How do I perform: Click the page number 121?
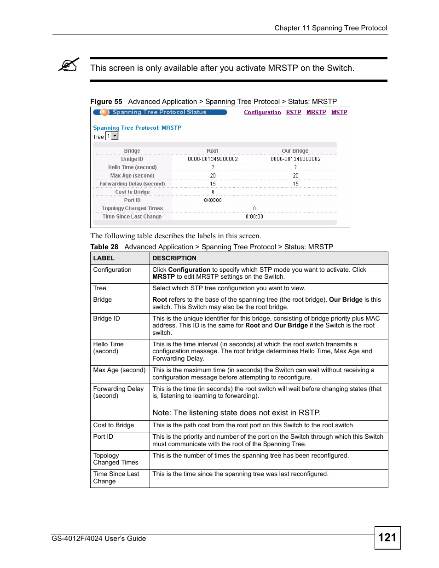pos(387,538)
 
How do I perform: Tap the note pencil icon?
pos(69,65)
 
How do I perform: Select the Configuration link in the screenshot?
pos(262,112)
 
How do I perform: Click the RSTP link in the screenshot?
pos(294,112)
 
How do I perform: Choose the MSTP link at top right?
pos(339,112)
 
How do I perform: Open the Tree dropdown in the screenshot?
pos(115,136)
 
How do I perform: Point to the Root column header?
pos(212,151)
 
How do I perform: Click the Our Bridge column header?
pos(295,151)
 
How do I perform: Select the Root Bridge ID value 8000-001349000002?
pos(213,159)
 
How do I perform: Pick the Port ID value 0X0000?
pos(213,200)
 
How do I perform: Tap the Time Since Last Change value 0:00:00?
pos(254,217)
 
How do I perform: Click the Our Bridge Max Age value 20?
pos(295,176)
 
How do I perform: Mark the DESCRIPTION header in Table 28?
pos(174,258)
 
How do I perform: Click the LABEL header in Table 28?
pos(104,258)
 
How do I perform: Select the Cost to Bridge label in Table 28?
pos(114,425)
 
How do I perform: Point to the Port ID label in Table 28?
pos(103,437)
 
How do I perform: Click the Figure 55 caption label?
pos(106,102)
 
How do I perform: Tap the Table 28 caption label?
pos(104,247)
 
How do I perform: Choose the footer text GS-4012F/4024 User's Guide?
pos(99,539)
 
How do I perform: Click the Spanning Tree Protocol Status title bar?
pos(159,112)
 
